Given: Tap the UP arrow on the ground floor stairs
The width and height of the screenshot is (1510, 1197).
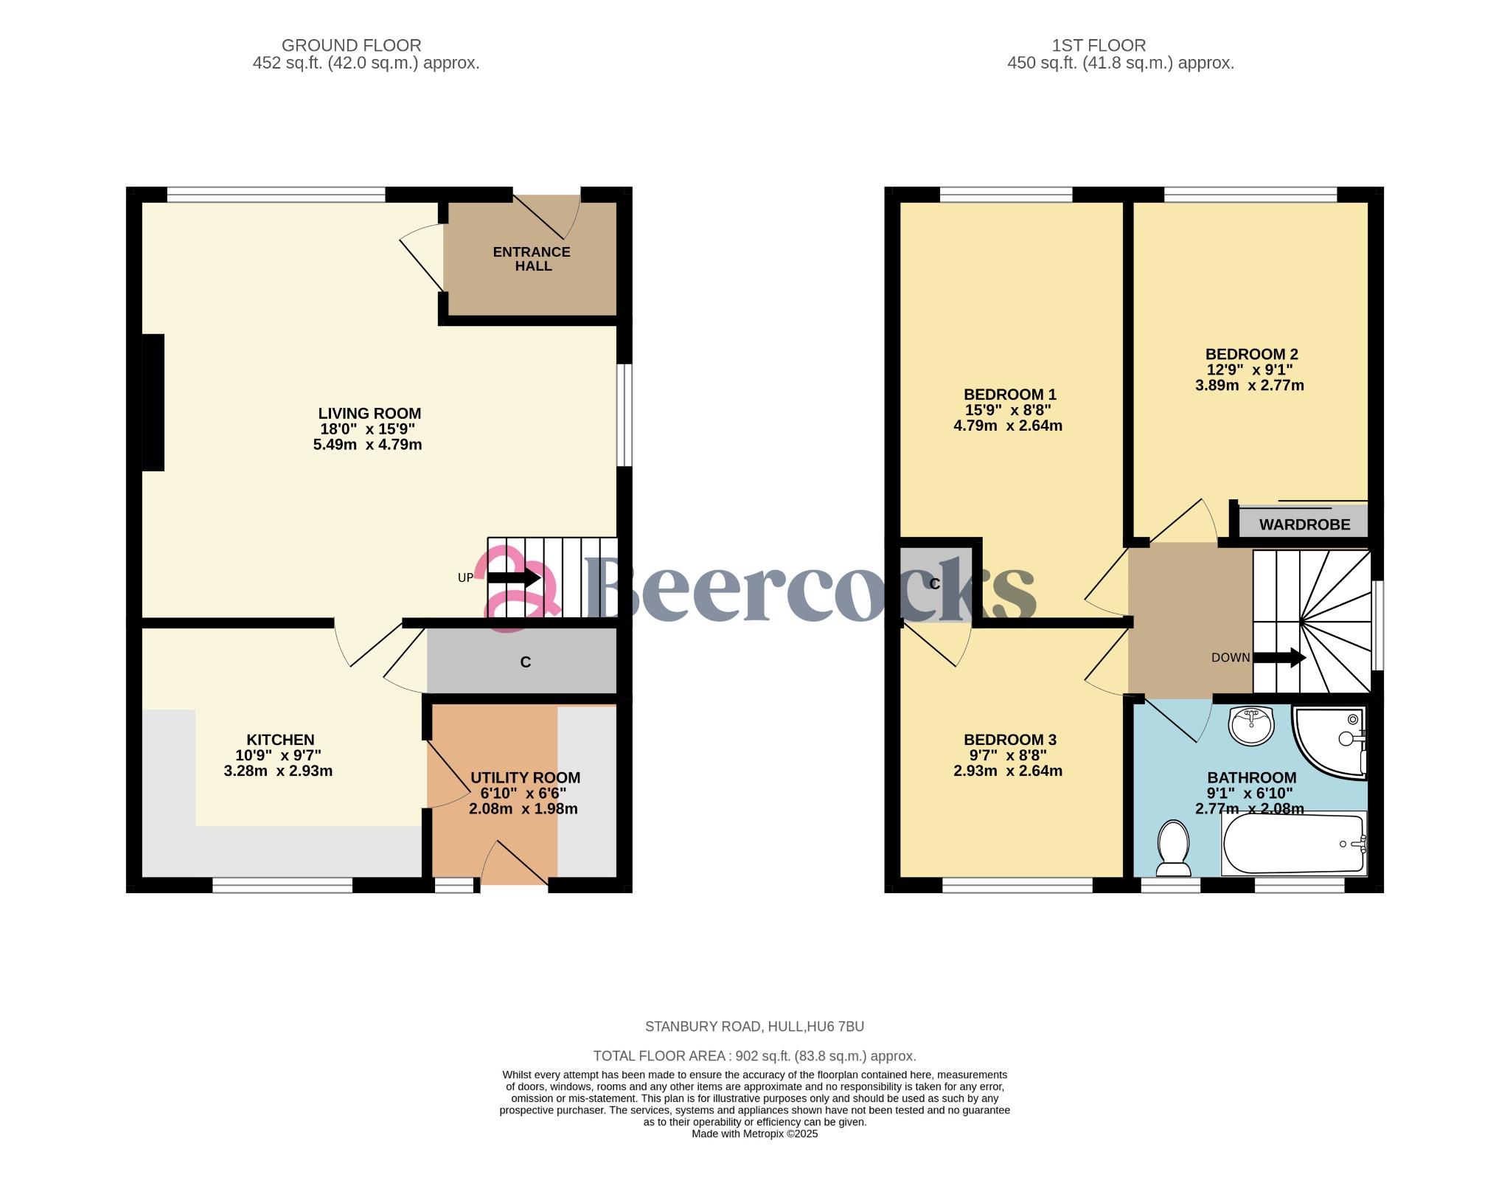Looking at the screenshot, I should coord(514,577).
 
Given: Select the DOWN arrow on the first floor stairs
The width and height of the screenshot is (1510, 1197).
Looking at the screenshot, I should coord(1279,658).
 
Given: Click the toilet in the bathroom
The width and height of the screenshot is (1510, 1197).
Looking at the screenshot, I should coord(1173,847).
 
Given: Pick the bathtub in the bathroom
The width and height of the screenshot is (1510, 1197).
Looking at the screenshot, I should coord(1294,844).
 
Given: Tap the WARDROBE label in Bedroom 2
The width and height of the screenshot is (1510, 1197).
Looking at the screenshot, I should coord(1304,524).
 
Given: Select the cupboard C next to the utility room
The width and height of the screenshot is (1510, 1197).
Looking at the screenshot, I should coord(525,662).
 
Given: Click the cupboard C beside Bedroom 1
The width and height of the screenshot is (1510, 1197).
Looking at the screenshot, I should coord(934,584).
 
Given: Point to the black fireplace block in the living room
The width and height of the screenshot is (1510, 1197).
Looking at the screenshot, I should coord(153,402).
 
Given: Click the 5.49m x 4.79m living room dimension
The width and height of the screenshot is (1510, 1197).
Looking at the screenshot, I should coord(367,445).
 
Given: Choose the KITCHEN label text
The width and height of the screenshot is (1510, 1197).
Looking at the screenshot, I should coord(280,740).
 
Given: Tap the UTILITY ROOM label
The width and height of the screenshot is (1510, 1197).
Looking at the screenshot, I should coord(525,777).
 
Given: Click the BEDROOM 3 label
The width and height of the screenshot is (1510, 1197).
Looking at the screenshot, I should coord(1009,740).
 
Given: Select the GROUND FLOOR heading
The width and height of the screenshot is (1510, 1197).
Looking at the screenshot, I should coord(351,46).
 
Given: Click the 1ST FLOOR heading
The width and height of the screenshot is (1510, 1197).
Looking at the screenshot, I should coord(1098,46).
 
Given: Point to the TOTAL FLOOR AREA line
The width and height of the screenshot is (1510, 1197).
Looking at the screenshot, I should coord(754,1056).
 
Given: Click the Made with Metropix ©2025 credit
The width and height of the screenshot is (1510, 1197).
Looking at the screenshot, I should coord(754,1134).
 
